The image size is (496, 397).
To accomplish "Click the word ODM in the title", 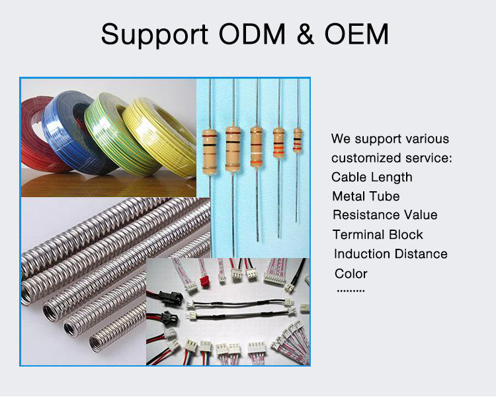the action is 242,33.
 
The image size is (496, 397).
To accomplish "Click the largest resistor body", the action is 210,152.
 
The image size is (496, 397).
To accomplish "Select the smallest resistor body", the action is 298,139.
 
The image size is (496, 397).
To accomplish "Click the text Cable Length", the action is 372,177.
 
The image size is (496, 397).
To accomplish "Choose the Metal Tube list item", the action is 366,197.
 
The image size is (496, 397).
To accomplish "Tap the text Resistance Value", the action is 385,215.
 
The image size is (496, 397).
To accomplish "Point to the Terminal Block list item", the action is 378,235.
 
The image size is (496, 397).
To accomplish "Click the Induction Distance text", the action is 390,254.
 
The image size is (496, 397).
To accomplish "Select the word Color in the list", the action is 351,274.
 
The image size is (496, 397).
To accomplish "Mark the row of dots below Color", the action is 351,290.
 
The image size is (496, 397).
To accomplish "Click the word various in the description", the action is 427,139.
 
